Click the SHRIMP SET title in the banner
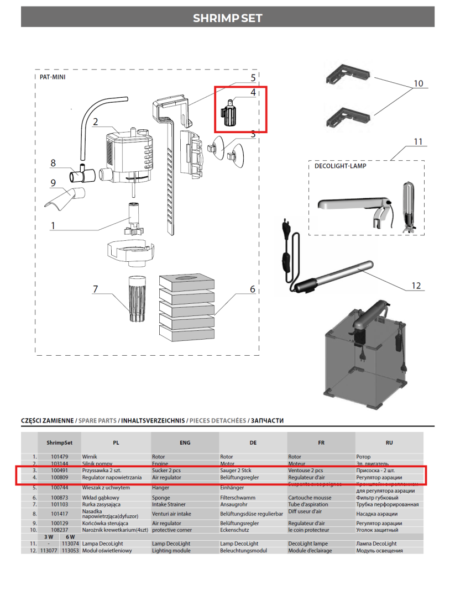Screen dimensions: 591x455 [x=227, y=18]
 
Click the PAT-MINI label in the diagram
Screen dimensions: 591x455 [x=53, y=77]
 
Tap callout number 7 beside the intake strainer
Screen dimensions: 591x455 [x=96, y=289]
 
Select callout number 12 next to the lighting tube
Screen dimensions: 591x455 [x=416, y=286]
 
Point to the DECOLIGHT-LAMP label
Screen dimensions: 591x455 [x=340, y=166]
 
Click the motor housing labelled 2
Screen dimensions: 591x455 [x=127, y=152]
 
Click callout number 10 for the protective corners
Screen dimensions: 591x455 [x=418, y=83]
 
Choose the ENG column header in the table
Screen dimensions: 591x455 [x=185, y=442]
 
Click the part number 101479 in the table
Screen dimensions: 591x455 [x=60, y=457]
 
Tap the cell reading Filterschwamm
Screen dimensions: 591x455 [x=238, y=497]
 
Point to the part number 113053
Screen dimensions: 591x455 [x=70, y=551]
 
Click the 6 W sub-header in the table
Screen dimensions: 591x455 [x=70, y=537]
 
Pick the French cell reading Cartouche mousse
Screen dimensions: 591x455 [x=310, y=497]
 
